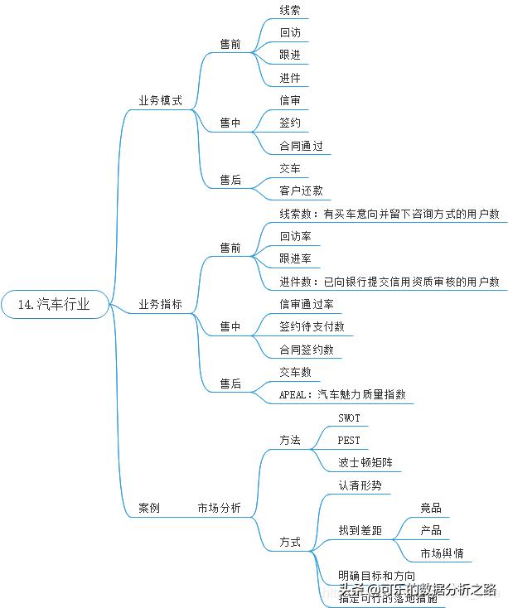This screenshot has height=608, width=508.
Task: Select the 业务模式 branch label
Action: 160,99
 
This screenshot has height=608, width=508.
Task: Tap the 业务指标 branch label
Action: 160,305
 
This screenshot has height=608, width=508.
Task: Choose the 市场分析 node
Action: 219,509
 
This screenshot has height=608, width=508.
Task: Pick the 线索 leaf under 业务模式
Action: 290,11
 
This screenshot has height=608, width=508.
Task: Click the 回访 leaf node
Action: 290,33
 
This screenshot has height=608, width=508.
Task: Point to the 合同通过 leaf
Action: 301,146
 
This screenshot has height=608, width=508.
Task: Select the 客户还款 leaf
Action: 301,191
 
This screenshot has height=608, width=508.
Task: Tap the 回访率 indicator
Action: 296,236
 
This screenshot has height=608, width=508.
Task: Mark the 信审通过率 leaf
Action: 307,304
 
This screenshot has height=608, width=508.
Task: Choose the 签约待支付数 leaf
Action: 312,326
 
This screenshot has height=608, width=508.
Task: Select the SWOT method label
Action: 349,417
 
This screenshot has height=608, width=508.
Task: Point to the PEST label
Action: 349,440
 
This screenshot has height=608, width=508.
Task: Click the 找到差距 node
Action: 360,530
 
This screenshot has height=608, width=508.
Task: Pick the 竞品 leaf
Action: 430,508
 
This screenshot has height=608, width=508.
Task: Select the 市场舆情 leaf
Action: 442,553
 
